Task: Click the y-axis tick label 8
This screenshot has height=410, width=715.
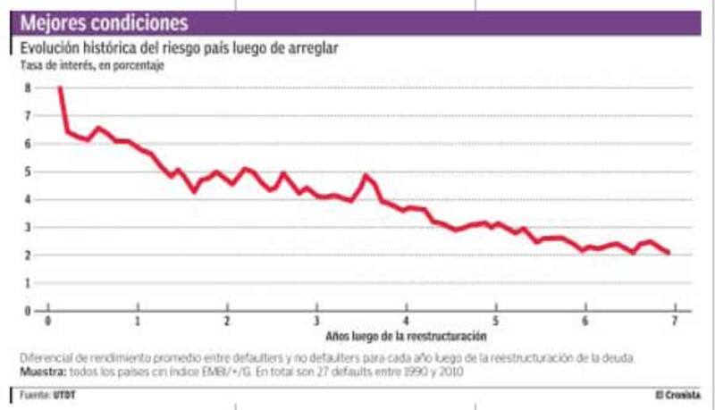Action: point(28,88)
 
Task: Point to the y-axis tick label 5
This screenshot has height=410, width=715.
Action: point(28,172)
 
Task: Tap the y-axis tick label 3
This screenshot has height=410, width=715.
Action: point(28,227)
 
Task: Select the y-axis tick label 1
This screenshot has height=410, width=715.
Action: point(28,282)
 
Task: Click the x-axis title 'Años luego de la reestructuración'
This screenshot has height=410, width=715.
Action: point(406,337)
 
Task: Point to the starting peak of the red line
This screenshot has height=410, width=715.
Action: point(59,88)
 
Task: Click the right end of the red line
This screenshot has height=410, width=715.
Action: point(669,254)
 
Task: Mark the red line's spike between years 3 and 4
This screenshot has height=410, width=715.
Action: point(366,175)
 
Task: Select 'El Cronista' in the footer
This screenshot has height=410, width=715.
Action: point(677,393)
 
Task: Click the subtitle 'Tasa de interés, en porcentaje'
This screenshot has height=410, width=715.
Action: point(92,64)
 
